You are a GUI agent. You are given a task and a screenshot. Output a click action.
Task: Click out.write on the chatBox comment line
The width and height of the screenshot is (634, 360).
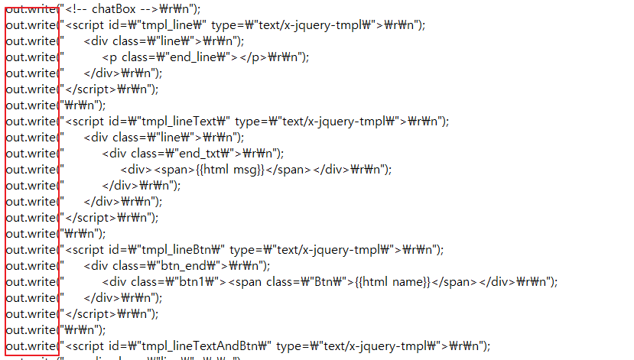click(x=29, y=9)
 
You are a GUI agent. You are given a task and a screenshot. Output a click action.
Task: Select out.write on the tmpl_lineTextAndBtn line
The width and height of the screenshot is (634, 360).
click(x=29, y=345)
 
